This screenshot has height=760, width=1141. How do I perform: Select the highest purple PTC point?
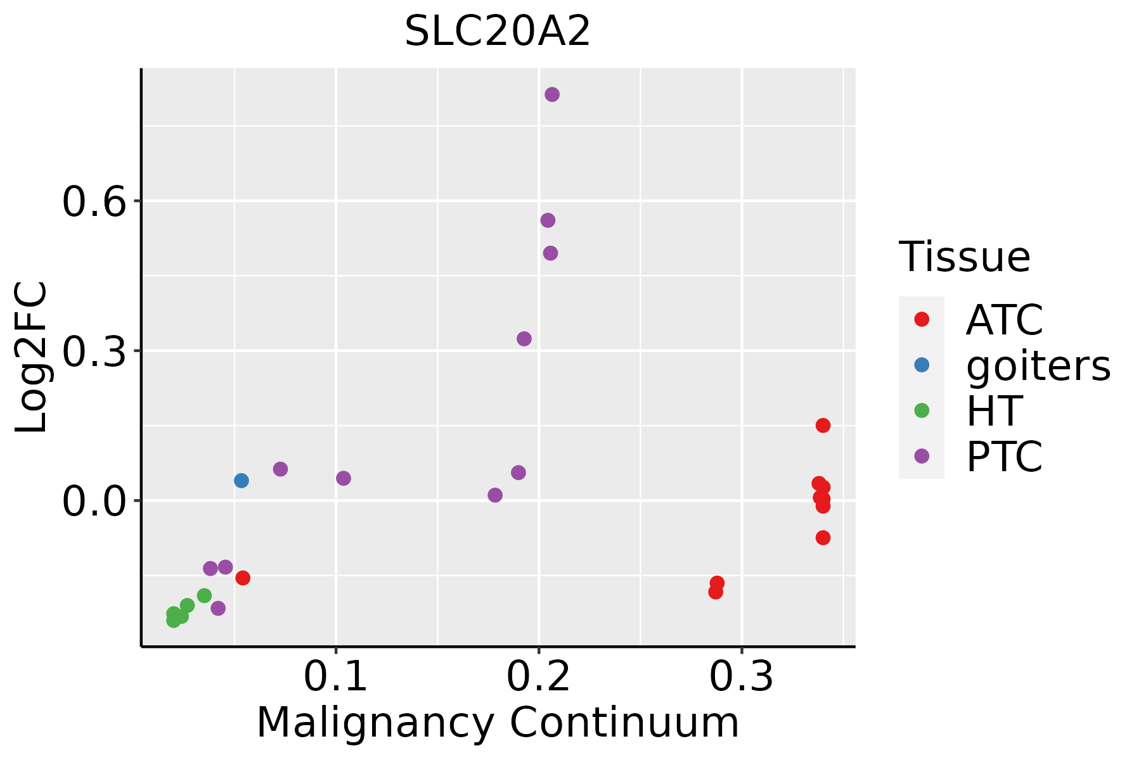tap(552, 94)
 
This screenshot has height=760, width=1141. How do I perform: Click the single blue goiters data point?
tap(242, 481)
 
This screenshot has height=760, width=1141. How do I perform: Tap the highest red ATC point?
tap(823, 425)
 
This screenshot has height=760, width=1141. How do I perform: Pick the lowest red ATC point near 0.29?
tap(716, 592)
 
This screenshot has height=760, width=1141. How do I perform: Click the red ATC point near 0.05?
tap(243, 578)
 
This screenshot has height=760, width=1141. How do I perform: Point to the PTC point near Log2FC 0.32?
tap(524, 339)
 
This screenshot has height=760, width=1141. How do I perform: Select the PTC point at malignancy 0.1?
tap(344, 478)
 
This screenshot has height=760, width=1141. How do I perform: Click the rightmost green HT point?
tap(204, 595)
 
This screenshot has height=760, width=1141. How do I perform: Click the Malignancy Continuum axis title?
tap(498, 723)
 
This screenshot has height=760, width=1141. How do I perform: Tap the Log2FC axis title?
tap(32, 358)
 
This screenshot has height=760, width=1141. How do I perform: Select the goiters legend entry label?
tap(1038, 365)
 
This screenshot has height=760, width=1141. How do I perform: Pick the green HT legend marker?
tap(922, 410)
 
